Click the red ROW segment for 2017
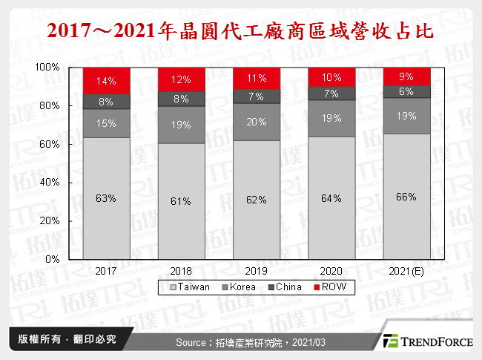106,80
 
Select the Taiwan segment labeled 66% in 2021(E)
406,197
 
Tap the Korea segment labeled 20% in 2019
257,122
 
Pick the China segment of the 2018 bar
182,99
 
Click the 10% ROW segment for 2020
331,76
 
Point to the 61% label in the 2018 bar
182,201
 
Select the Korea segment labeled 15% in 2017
106,123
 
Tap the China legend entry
285,286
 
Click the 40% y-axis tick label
50,183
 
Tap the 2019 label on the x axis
257,272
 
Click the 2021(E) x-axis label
406,272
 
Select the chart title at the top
240,31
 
